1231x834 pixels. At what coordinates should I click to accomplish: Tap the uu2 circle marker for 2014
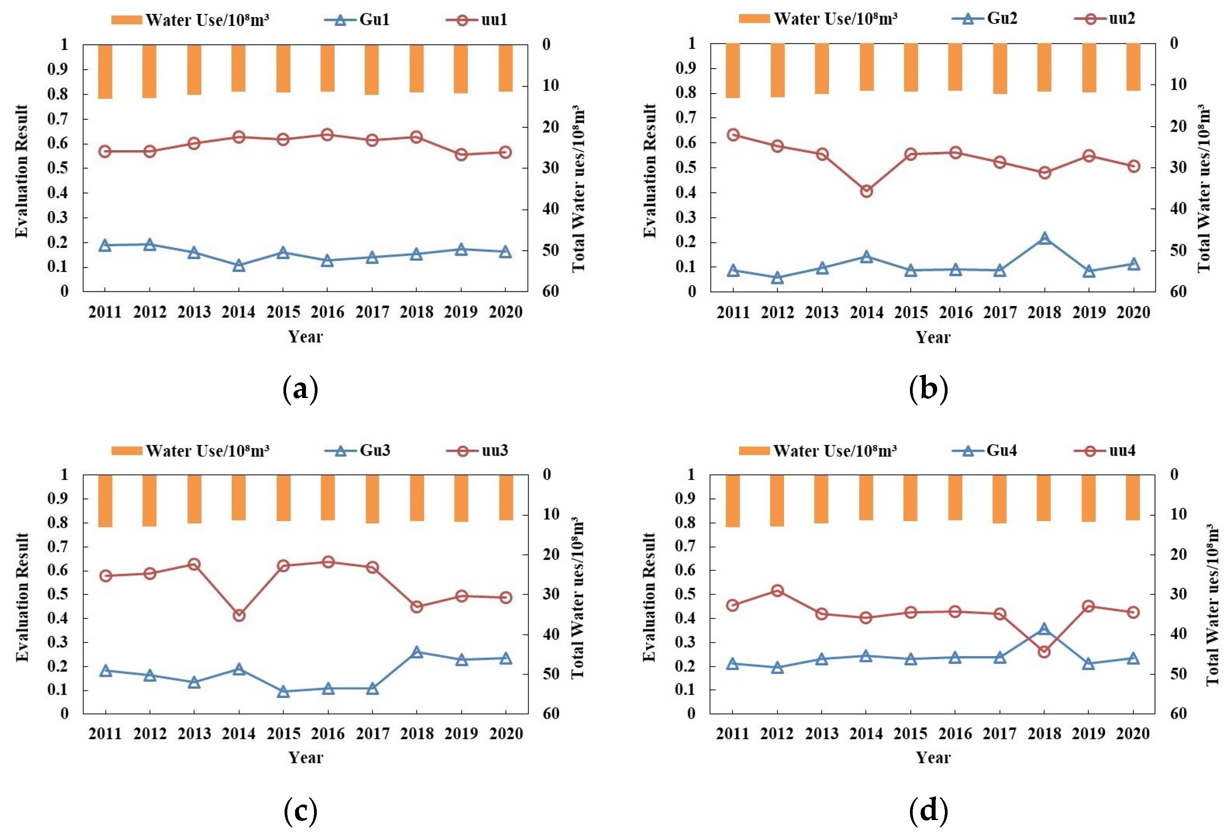pyautogui.click(x=867, y=191)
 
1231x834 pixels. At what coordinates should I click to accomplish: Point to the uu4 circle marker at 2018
pyautogui.click(x=1045, y=652)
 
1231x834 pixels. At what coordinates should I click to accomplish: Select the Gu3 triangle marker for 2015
pyautogui.click(x=283, y=692)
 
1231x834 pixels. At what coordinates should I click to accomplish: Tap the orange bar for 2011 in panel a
pyautogui.click(x=105, y=71)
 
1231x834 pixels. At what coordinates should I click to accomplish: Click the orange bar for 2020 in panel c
pyautogui.click(x=506, y=498)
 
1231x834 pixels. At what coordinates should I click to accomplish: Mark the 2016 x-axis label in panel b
pyautogui.click(x=956, y=313)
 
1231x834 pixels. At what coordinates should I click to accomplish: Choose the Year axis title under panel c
pyautogui.click(x=306, y=758)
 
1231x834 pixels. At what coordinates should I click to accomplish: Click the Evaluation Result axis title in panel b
pyautogui.click(x=650, y=171)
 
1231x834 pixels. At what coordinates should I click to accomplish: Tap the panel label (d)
pyautogui.click(x=929, y=811)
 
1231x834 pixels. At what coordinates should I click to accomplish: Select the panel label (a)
pyautogui.click(x=301, y=390)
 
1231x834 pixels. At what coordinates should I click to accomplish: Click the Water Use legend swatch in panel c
pyautogui.click(x=127, y=451)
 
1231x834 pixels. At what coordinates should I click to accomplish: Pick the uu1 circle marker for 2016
pyautogui.click(x=327, y=135)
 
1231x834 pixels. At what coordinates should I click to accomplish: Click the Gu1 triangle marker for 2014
pyautogui.click(x=239, y=265)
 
